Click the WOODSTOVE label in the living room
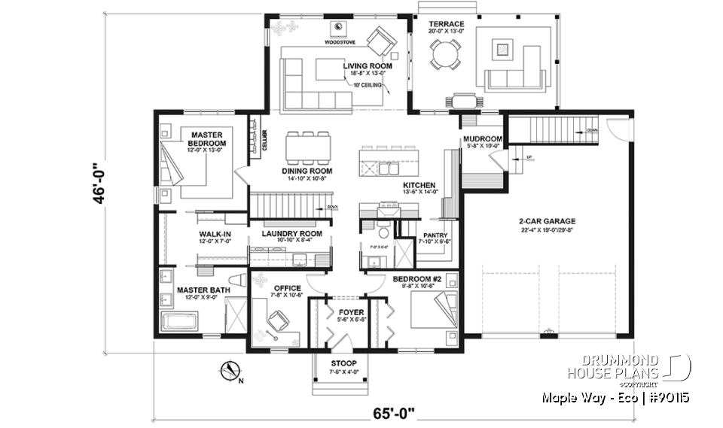340,44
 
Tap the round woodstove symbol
340,28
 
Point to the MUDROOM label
483,138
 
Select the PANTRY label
436,235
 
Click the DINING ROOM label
285,171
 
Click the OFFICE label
288,288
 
